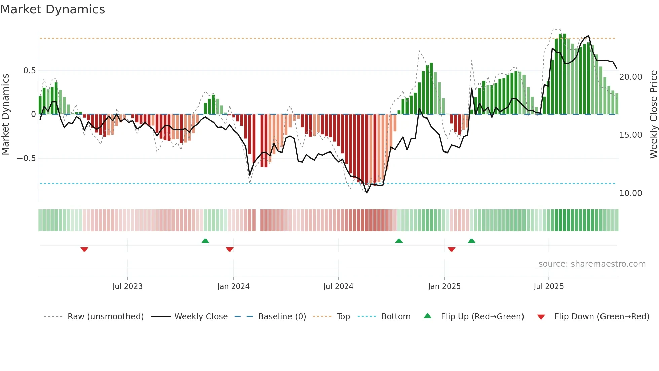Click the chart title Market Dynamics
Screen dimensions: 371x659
(53, 9)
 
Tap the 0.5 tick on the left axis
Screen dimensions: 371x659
(29, 71)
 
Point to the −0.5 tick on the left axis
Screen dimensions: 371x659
(27, 158)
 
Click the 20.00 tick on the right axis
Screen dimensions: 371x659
(630, 77)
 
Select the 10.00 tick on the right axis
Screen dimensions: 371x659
(630, 193)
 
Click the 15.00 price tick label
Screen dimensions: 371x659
(630, 135)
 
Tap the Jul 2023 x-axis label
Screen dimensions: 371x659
(127, 286)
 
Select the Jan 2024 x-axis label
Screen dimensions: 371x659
(233, 286)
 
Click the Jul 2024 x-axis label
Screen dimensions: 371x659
(338, 286)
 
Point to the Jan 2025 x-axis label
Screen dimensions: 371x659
(444, 286)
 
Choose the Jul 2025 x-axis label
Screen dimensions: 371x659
(548, 286)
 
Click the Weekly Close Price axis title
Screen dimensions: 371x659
(653, 114)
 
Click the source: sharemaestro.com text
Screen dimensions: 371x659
(592, 264)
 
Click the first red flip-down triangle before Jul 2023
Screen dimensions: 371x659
(84, 249)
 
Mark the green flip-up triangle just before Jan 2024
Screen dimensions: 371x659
(205, 241)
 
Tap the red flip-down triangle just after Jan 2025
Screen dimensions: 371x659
(452, 249)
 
